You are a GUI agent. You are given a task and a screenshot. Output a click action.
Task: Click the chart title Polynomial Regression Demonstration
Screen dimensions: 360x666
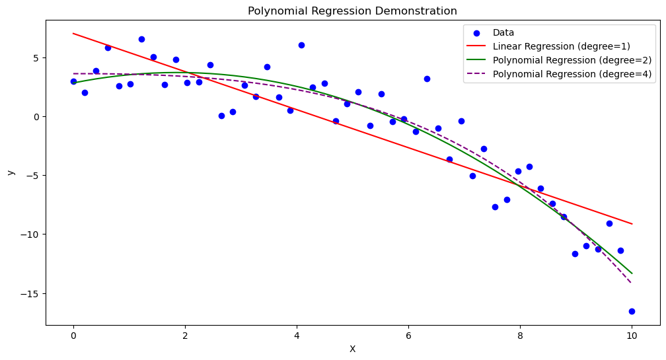(x=352, y=11)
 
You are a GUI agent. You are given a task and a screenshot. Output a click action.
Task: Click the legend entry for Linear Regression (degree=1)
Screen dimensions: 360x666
(x=562, y=46)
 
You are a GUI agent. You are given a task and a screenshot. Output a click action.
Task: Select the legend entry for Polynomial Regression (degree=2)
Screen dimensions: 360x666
(x=572, y=60)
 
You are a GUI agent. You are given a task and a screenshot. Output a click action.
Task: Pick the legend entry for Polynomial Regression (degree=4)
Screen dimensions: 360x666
(x=572, y=74)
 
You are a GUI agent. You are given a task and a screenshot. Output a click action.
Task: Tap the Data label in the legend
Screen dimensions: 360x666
(x=503, y=32)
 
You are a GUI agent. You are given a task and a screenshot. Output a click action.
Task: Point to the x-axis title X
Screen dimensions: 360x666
(x=352, y=349)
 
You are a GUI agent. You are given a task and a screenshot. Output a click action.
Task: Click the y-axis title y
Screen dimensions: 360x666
(x=11, y=172)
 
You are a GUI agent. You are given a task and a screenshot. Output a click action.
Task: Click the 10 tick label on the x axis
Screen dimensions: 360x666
(x=632, y=336)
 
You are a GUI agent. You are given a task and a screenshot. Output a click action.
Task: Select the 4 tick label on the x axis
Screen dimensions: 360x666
(x=297, y=336)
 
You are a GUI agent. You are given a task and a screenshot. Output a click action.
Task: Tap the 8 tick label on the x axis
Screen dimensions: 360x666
(x=520, y=336)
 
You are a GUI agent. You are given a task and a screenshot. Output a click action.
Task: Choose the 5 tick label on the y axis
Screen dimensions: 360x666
(x=36, y=57)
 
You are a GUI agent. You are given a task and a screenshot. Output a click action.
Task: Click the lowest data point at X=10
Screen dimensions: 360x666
(x=632, y=311)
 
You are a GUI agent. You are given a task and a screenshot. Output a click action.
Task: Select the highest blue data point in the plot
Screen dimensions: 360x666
(x=141, y=39)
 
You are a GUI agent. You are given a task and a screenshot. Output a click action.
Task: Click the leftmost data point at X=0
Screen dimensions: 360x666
(x=73, y=81)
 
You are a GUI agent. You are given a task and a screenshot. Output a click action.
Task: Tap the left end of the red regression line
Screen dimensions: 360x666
(x=73, y=33)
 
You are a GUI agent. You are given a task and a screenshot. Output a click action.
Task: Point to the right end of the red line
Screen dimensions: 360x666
(x=632, y=224)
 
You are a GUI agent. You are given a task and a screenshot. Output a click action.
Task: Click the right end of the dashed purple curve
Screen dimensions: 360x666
(x=632, y=283)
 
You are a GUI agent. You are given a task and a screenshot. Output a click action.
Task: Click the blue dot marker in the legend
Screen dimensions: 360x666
(x=477, y=32)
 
